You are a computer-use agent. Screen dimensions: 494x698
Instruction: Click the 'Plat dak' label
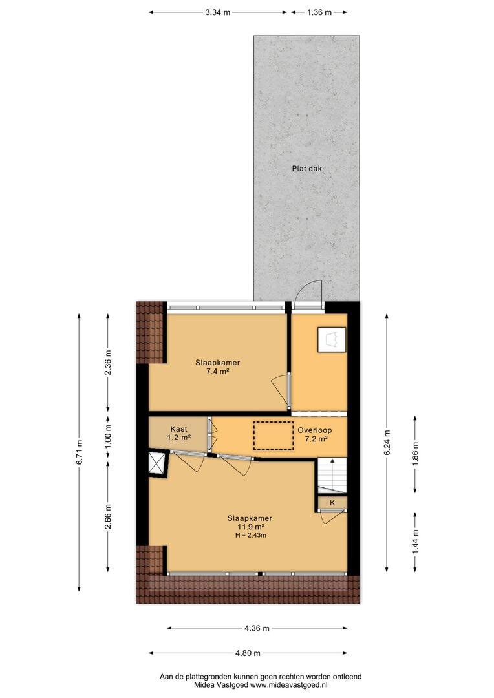(x=306, y=169)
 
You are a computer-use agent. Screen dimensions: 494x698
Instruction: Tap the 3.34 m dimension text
(x=218, y=12)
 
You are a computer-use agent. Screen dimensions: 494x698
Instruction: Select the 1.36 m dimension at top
(x=319, y=12)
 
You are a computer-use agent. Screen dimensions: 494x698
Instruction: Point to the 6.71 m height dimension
(x=80, y=452)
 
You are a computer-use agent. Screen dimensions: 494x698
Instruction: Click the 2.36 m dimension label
(x=108, y=363)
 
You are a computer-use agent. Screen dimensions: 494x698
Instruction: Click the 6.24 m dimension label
(x=387, y=443)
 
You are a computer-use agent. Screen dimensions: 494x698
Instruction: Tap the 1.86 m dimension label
(x=415, y=454)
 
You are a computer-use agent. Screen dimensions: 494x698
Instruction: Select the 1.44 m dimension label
(x=415, y=542)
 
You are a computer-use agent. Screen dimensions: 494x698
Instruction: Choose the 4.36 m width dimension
(x=257, y=629)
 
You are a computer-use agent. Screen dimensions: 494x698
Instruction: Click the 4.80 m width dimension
(x=248, y=653)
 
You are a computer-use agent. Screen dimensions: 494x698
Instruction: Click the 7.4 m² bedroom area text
(x=217, y=372)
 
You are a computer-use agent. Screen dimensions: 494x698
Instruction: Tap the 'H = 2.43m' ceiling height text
(x=251, y=536)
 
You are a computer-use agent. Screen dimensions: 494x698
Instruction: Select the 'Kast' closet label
(x=178, y=429)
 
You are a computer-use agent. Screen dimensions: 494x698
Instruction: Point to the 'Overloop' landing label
(x=315, y=430)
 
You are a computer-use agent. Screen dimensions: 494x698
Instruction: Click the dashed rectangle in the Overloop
(x=274, y=436)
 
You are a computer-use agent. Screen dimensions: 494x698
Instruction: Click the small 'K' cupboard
(x=332, y=503)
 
